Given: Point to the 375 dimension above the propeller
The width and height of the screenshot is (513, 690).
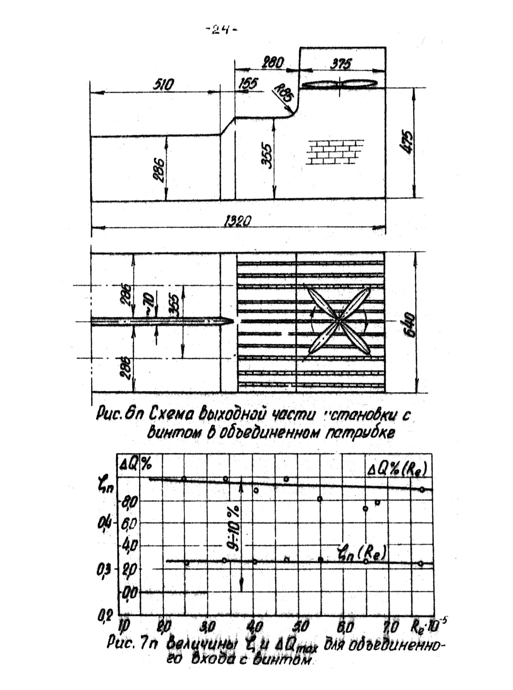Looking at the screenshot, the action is tap(340, 64).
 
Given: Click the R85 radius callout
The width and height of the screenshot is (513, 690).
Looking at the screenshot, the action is tap(284, 95).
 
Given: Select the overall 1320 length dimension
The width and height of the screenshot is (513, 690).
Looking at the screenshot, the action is tap(237, 222).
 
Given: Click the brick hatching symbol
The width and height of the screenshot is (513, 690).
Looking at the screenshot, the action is tap(335, 152).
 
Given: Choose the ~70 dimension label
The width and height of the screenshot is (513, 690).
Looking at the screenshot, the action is tap(149, 301).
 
